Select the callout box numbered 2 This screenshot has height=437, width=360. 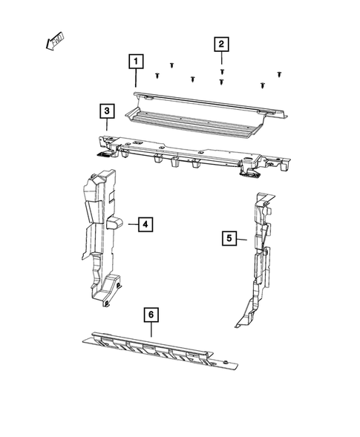pos(221,45)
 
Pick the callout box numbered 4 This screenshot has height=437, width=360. pos(145,223)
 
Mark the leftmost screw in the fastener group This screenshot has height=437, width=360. pos(157,75)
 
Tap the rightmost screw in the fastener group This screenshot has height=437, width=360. pos(280,74)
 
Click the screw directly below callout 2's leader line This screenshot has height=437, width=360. pos(222,70)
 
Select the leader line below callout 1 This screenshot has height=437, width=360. pos(136,78)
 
